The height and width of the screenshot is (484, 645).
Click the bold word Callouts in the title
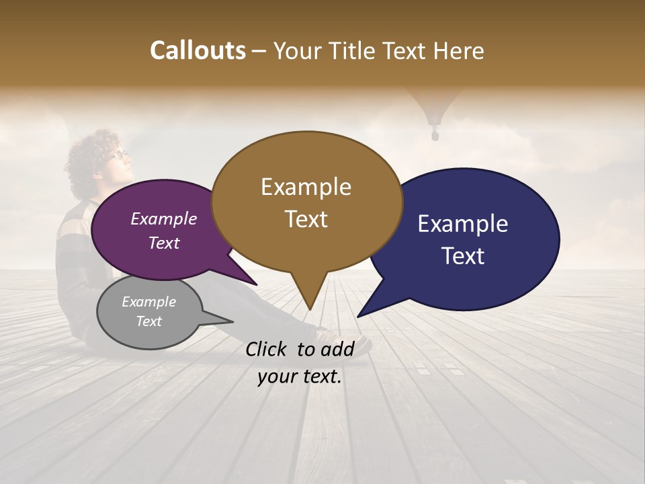pyautogui.click(x=198, y=50)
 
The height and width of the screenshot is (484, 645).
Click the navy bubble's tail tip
pyautogui.click(x=358, y=316)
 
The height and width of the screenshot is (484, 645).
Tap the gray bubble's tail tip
pyautogui.click(x=232, y=322)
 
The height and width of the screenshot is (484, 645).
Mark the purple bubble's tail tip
pyautogui.click(x=257, y=285)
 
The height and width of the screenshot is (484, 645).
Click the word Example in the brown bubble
pyautogui.click(x=306, y=187)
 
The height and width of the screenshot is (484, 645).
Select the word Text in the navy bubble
pyautogui.click(x=463, y=256)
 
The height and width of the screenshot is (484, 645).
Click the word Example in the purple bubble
pyautogui.click(x=163, y=219)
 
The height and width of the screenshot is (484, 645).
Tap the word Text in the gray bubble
pyautogui.click(x=148, y=321)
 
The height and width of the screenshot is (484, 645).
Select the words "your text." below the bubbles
pyautogui.click(x=300, y=377)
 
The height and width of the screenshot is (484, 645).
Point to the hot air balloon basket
pyautogui.click(x=435, y=135)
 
